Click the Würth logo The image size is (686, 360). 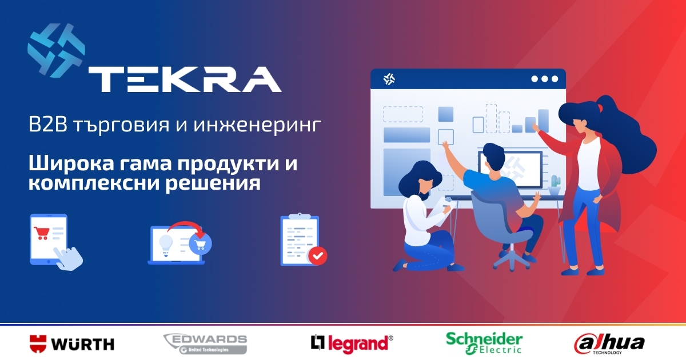[71, 343]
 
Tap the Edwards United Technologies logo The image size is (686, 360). [205, 343]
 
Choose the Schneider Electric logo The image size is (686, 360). [484, 342]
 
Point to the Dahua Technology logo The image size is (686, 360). [609, 343]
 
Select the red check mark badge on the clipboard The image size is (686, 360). [317, 255]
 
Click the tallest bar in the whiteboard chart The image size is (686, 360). [543, 120]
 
